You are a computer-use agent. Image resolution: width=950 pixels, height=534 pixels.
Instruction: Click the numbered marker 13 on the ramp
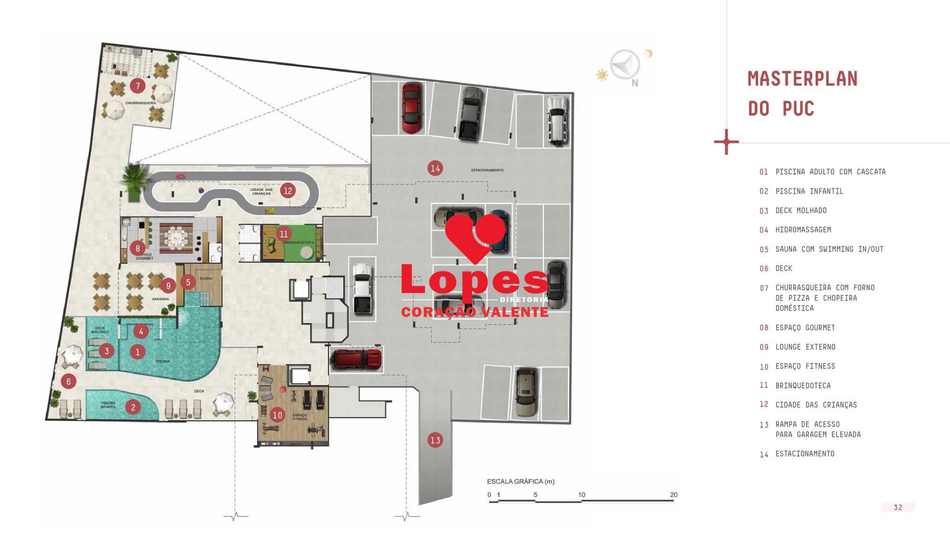pyautogui.click(x=435, y=440)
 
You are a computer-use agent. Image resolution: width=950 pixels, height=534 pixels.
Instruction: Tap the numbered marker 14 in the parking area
pyautogui.click(x=435, y=168)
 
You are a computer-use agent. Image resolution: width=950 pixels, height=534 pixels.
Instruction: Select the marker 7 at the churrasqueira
pyautogui.click(x=138, y=86)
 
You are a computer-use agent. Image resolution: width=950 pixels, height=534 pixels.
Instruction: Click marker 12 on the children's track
pyautogui.click(x=287, y=190)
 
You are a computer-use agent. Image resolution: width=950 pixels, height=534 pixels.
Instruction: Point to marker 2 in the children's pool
pyautogui.click(x=133, y=407)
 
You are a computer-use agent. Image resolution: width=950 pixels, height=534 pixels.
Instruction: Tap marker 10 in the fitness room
pyautogui.click(x=277, y=415)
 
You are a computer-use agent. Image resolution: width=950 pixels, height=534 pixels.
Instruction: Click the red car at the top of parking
pyautogui.click(x=411, y=108)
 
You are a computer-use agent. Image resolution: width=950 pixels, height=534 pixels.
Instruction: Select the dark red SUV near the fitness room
pyautogui.click(x=356, y=359)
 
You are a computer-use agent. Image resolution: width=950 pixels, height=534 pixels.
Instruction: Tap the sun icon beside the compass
pyautogui.click(x=602, y=75)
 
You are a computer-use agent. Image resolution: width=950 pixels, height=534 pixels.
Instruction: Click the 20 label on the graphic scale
pyautogui.click(x=674, y=495)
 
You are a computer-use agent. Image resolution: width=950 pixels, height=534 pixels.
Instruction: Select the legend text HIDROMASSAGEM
pyautogui.click(x=803, y=230)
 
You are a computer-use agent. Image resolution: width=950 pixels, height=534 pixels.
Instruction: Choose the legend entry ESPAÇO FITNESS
pyautogui.click(x=805, y=366)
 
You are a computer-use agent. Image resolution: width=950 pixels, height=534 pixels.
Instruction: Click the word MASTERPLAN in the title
pyautogui.click(x=802, y=79)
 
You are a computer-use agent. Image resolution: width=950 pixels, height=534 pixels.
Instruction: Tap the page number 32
pyautogui.click(x=897, y=507)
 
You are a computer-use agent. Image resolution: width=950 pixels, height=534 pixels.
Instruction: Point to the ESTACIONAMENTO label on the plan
pyautogui.click(x=487, y=170)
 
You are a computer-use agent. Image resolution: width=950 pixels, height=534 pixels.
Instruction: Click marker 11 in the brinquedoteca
pyautogui.click(x=284, y=234)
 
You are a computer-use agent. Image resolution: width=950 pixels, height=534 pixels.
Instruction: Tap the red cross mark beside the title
pyautogui.click(x=726, y=141)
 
